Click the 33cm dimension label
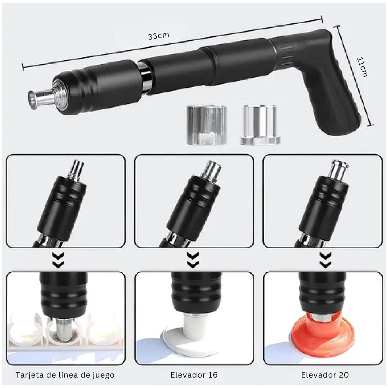[159, 36]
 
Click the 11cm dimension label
[362, 67]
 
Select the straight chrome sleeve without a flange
[207, 125]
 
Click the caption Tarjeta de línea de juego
[65, 375]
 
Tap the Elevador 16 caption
[194, 375]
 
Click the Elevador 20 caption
[325, 375]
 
